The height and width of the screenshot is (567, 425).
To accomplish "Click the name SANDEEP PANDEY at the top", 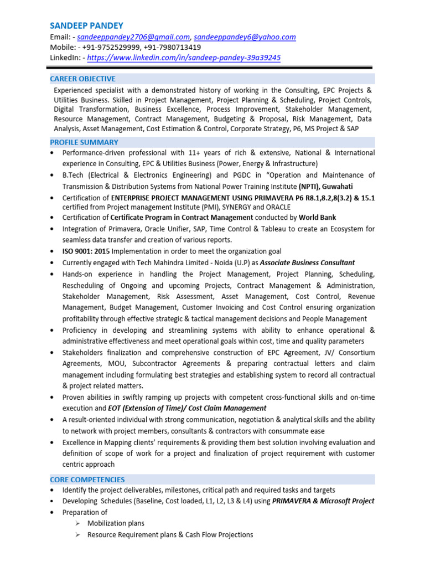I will pyautogui.click(x=87, y=25).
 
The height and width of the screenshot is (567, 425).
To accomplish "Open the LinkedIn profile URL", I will pyautogui.click(x=184, y=58).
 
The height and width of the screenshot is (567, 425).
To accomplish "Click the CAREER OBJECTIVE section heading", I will pyautogui.click(x=83, y=79).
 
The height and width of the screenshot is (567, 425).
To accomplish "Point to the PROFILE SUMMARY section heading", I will pyautogui.click(x=84, y=142).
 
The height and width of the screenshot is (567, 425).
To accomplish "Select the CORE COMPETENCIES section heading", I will pyautogui.click(x=87, y=480).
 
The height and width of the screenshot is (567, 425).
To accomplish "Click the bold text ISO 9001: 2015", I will pyautogui.click(x=87, y=251).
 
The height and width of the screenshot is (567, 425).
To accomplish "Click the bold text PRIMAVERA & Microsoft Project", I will pyautogui.click(x=323, y=501).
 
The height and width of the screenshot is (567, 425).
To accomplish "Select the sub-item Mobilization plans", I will pyautogui.click(x=116, y=523).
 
